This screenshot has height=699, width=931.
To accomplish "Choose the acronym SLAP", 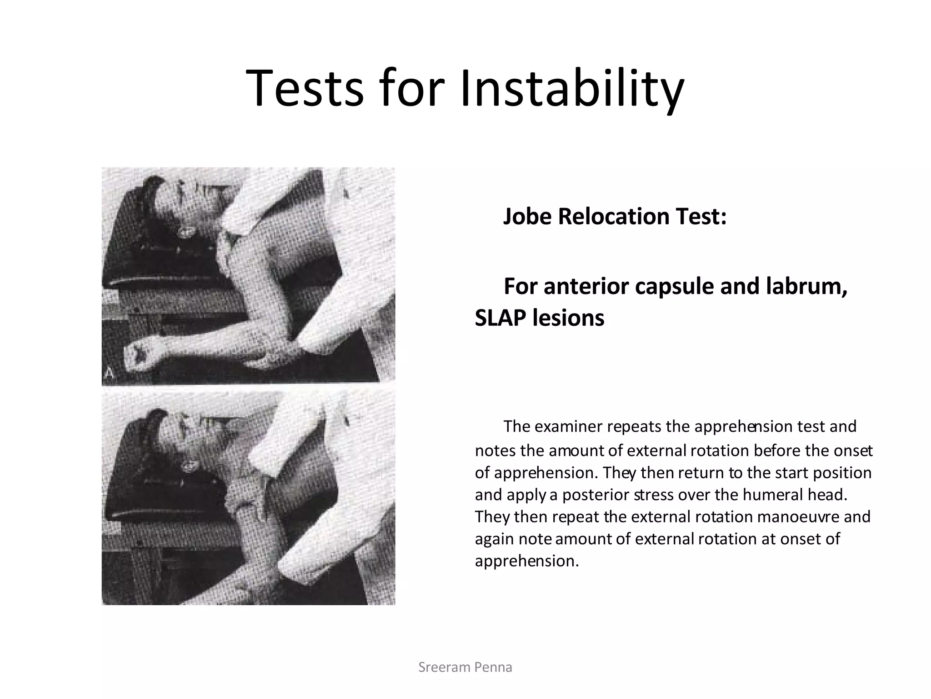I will coord(501,318).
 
